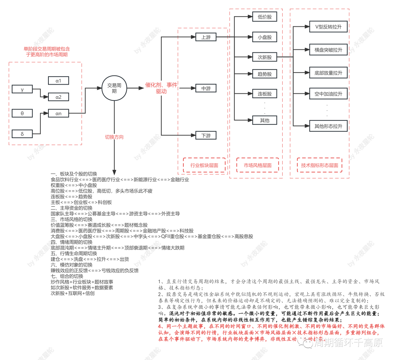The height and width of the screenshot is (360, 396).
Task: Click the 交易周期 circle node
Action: click(x=114, y=88)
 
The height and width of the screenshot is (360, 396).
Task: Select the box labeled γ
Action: click(x=22, y=89)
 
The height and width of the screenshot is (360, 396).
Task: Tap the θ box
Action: click(x=22, y=113)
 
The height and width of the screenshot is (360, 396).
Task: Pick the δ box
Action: click(x=22, y=134)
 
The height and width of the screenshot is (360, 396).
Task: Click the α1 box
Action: click(x=58, y=80)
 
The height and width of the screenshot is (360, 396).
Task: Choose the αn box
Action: click(x=58, y=113)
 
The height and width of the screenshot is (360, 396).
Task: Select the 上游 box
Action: click(x=206, y=37)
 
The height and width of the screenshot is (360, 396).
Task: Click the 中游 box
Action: click(x=206, y=88)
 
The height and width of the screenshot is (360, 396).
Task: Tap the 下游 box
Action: click(x=206, y=135)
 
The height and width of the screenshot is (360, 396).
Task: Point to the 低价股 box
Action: click(x=264, y=17)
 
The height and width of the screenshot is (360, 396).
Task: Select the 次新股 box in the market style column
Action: click(x=264, y=57)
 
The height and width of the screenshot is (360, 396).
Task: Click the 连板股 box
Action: click(x=264, y=94)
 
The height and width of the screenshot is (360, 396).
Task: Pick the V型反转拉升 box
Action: click(x=328, y=27)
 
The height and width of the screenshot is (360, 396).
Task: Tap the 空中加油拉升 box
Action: click(x=328, y=94)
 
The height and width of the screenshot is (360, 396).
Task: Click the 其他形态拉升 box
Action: click(x=328, y=126)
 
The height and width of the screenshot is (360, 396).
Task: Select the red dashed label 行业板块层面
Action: click(x=204, y=165)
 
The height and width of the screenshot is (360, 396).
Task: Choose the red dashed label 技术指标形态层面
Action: click(x=319, y=165)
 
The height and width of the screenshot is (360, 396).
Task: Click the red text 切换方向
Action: click(x=114, y=137)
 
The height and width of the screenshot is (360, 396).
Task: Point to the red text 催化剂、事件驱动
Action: click(x=161, y=88)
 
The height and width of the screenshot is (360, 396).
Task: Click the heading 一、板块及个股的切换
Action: click(x=76, y=174)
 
